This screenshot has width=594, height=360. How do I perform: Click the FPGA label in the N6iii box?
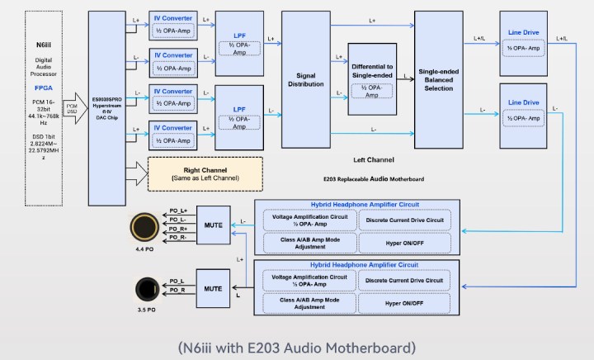point(41,87)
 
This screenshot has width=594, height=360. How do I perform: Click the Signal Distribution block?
point(305,79)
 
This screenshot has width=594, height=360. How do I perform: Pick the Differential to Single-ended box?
point(371,78)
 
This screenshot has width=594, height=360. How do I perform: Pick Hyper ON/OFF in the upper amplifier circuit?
point(404,243)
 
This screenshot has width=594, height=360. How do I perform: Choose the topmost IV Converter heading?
point(172,17)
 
